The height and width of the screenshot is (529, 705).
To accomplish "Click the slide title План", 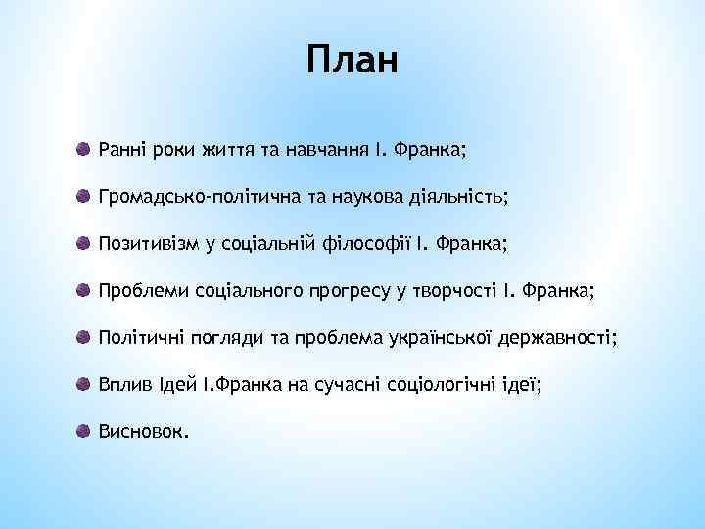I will (352, 60).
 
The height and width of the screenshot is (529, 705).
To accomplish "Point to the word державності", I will (557, 338).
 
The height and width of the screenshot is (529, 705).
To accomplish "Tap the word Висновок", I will (143, 432).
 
